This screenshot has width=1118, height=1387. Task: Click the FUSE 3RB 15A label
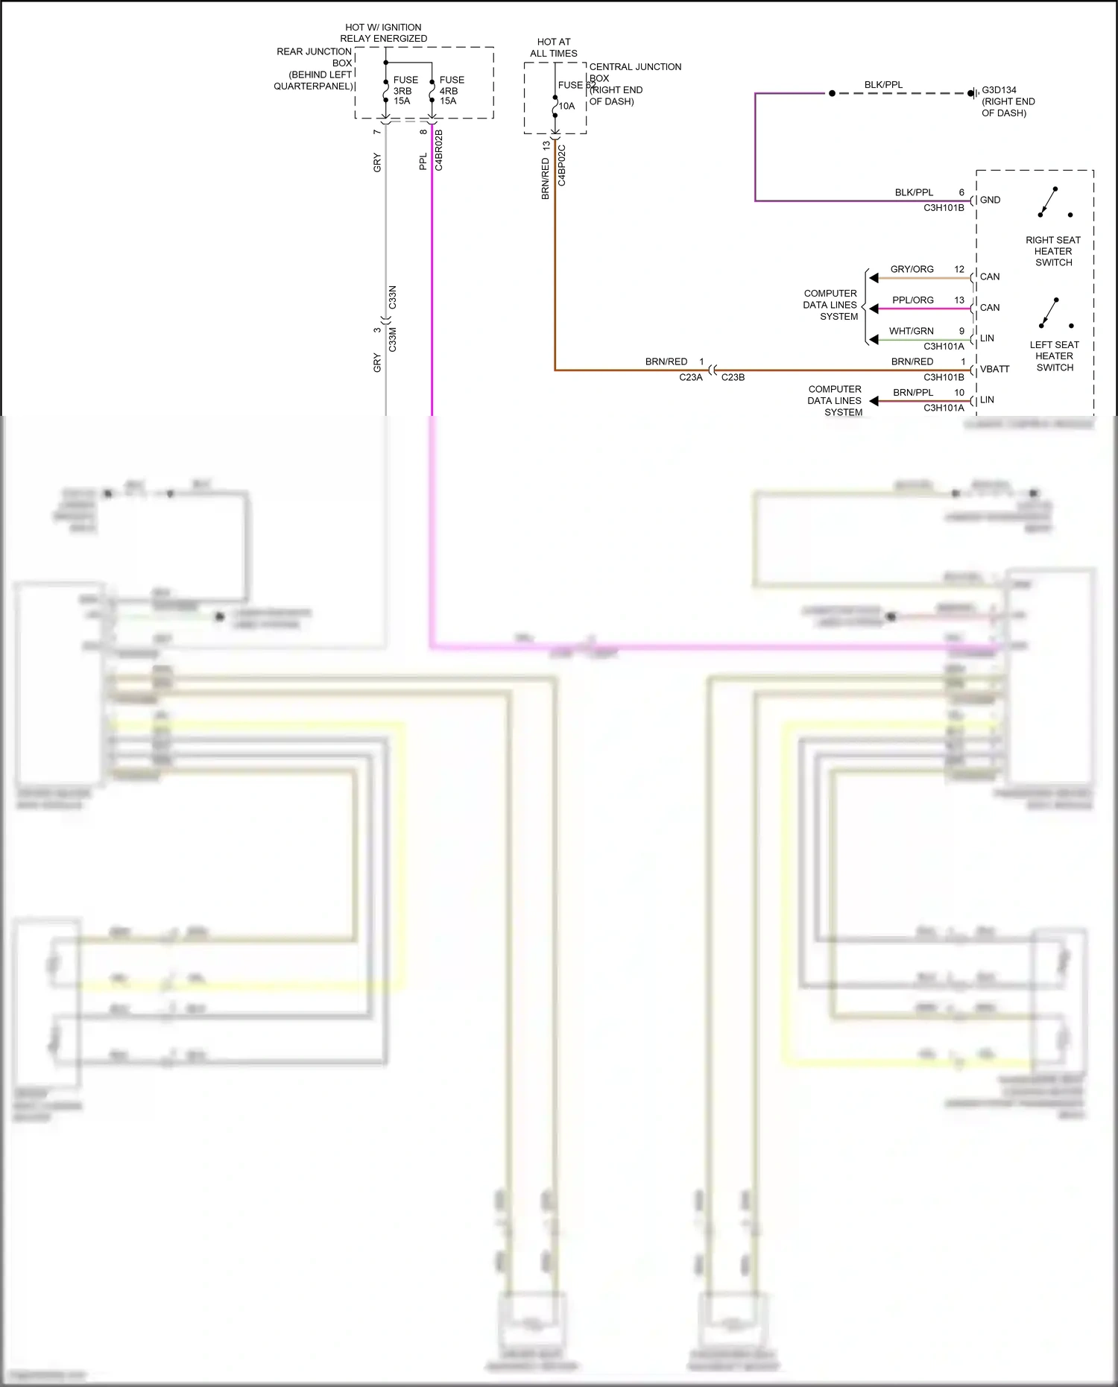pos(405,90)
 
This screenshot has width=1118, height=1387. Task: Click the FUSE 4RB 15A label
pos(451,90)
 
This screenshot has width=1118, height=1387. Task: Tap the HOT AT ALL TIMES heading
pos(554,48)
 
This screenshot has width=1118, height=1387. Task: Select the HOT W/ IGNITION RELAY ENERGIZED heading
pos(383,33)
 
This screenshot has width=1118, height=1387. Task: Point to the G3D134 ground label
pos(999,90)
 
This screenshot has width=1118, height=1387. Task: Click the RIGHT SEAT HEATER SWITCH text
pos(1053,251)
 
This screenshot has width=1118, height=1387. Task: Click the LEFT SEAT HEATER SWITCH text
pos(1055,356)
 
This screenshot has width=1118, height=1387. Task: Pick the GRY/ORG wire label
pos(912,269)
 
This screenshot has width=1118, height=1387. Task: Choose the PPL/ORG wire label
pos(912,300)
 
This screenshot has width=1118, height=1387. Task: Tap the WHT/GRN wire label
pos(911,331)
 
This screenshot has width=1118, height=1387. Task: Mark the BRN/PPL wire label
pos(913,393)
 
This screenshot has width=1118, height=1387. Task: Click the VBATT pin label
pos(994,369)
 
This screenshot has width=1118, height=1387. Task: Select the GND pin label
pos(990,200)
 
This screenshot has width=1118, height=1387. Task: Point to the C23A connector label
pos(690,377)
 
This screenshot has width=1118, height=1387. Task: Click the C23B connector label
pos(733,377)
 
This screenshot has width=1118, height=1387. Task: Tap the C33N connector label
pos(393,297)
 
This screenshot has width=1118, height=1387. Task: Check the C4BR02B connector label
pos(439,150)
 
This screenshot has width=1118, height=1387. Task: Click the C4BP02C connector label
pos(562,165)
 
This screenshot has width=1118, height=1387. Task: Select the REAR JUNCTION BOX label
pos(314,69)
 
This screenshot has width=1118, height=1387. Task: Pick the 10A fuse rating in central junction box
pos(567,106)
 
